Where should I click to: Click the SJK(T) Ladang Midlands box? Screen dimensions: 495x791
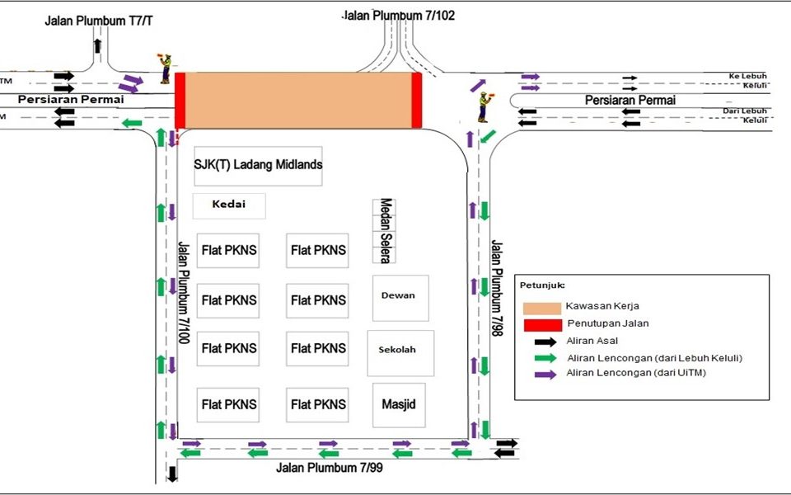pos(258,165)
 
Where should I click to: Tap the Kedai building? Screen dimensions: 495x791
pos(229,205)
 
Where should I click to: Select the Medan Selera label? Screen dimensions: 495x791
pos(385,230)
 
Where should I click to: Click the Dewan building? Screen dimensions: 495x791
pos(399,297)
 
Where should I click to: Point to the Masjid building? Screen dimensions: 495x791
pos(399,405)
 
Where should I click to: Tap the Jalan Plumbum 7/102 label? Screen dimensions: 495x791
pos(399,15)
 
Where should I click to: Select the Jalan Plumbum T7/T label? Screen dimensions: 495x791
pos(98,20)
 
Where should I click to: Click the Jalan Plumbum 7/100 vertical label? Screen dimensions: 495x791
pos(184,293)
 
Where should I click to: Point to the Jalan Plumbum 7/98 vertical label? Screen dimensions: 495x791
pos(496,288)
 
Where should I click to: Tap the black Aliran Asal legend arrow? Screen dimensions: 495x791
pos(543,341)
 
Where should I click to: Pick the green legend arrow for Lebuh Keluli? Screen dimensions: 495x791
pos(543,358)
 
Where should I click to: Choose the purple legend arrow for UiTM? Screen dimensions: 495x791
pos(543,374)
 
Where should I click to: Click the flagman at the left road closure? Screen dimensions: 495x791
pos(166,68)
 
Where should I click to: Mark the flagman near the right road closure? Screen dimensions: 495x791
pos(484,106)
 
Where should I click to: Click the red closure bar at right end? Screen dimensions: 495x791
pos(417,100)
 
